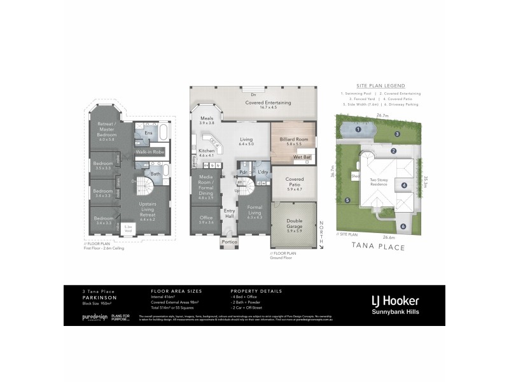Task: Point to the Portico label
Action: [x=228, y=243]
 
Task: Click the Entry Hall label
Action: [x=229, y=216]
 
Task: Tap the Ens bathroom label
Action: [x=147, y=132]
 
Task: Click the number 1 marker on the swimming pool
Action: [x=359, y=129]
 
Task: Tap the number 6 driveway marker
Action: [x=402, y=226]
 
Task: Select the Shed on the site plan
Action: [x=354, y=176]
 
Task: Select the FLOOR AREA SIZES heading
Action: [x=172, y=291]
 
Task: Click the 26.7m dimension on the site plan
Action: [x=382, y=116]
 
